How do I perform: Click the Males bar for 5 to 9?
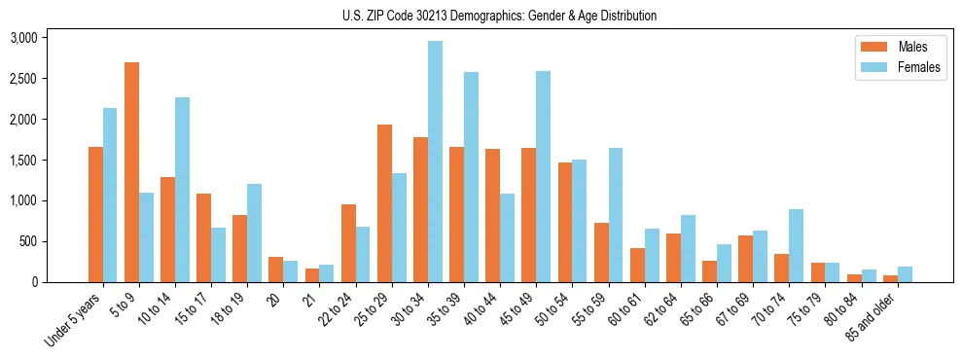131,172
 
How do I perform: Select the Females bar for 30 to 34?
435,162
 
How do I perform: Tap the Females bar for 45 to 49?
543,176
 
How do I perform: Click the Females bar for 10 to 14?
182,190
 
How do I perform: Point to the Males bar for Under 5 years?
95,214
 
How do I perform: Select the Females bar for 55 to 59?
616,215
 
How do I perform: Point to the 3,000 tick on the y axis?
22,38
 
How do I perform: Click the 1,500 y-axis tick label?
22,161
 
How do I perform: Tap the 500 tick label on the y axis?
28,241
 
